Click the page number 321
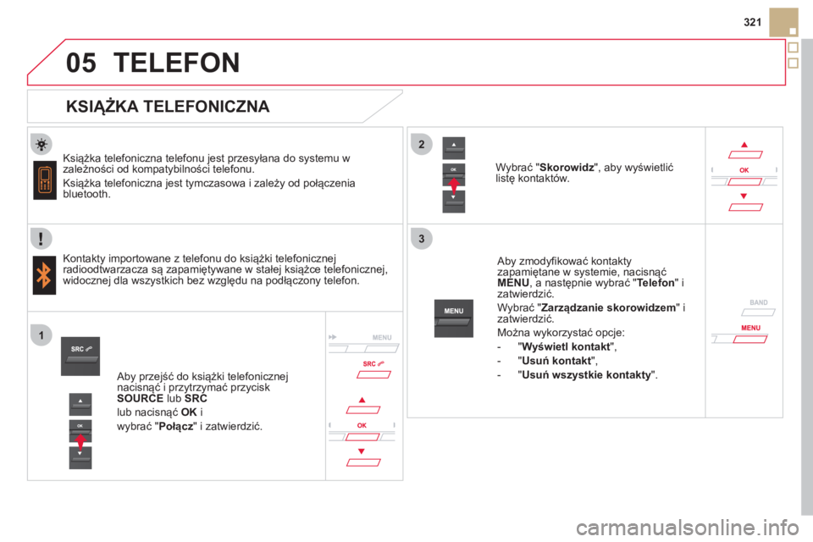click(x=752, y=22)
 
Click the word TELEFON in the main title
click(x=176, y=63)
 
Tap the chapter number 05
click(x=81, y=63)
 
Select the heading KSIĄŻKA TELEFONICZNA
click(x=168, y=107)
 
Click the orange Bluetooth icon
click(x=44, y=275)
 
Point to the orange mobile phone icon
click(x=45, y=180)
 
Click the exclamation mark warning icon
click(x=41, y=238)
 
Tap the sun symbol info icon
click(x=41, y=144)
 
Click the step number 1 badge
click(x=41, y=335)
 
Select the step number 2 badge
click(x=422, y=144)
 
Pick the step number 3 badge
click(x=422, y=239)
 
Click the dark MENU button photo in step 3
click(x=454, y=318)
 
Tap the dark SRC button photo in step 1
click(x=80, y=357)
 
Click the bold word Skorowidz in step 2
click(x=567, y=168)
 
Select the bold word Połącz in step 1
click(x=176, y=427)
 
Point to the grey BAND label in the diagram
click(x=759, y=302)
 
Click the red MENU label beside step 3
click(x=751, y=328)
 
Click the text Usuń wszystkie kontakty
click(x=586, y=375)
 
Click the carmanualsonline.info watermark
click(x=687, y=528)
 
